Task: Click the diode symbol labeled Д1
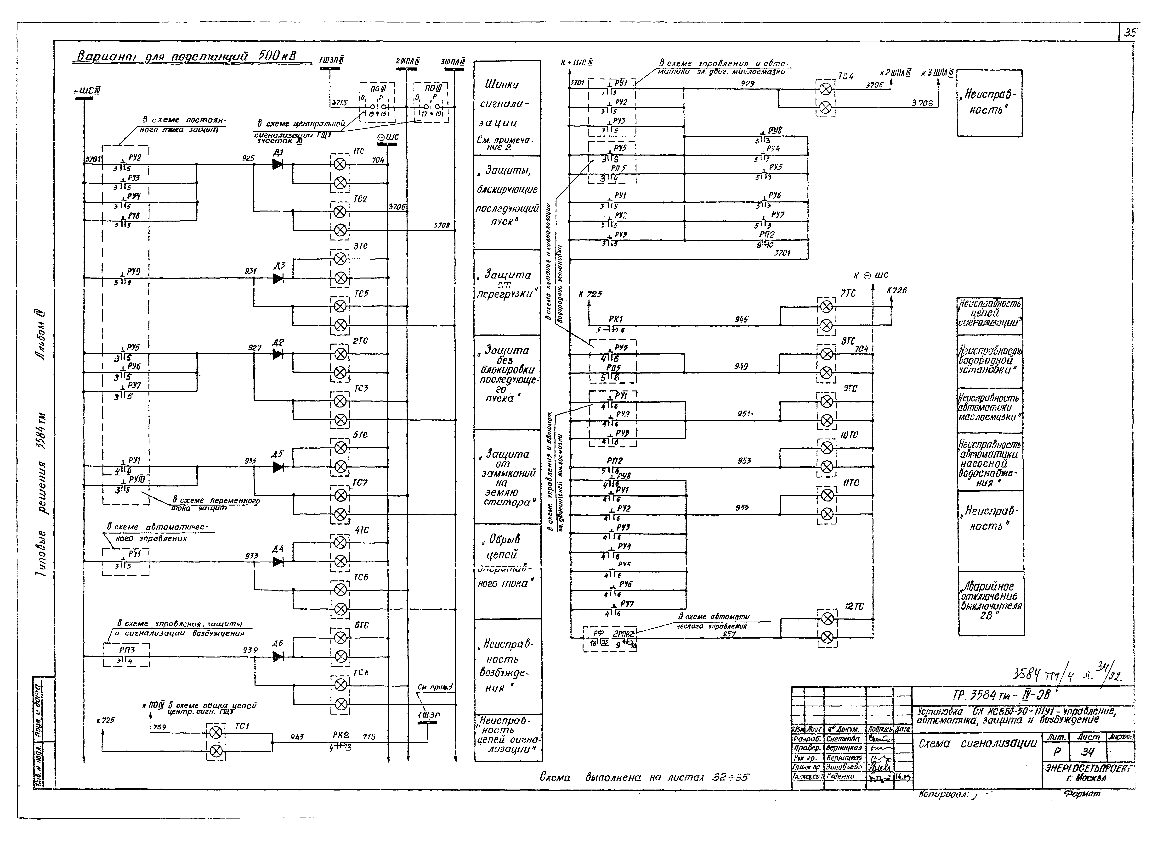point(278,164)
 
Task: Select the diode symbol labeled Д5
point(278,467)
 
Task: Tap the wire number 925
point(248,158)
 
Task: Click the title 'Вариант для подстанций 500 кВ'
point(186,56)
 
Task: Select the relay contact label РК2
point(340,735)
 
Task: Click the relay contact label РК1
point(616,319)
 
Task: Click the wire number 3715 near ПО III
point(339,102)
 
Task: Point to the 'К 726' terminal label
point(897,290)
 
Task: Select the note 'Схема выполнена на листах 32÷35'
point(644,777)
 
